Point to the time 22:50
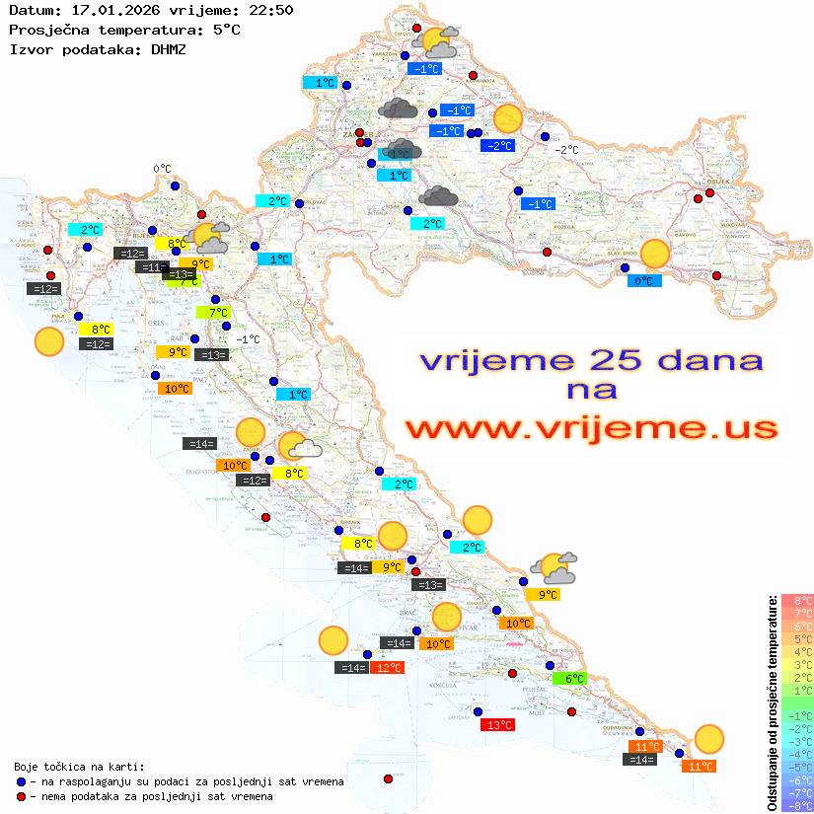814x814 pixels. pos(269,10)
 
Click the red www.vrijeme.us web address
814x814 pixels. pos(591,427)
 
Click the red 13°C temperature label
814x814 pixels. pos(496,725)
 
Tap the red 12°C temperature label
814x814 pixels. pos(388,668)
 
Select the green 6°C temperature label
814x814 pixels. pos(575,679)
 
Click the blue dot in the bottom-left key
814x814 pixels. pos(21,781)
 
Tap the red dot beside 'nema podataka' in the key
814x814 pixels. pos(21,796)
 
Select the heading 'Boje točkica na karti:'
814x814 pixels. pos(79,767)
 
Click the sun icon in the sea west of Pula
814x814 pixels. pos(48,342)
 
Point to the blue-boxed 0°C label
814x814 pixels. pos(644,281)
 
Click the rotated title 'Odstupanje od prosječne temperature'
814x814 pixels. pos(772,703)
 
